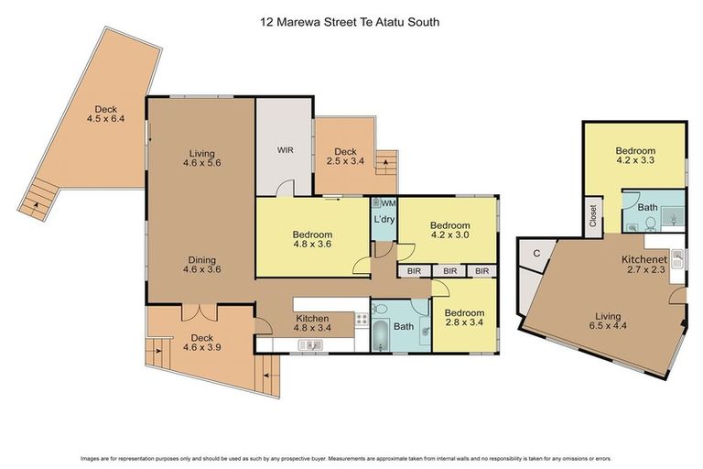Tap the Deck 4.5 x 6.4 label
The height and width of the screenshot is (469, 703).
click(104, 114)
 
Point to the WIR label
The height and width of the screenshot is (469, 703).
click(285, 148)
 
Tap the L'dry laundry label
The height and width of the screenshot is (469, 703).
click(383, 220)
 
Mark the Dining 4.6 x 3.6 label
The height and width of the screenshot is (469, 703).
click(201, 265)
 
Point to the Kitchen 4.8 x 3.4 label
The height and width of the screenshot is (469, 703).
click(312, 322)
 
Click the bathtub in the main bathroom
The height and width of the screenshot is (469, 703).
click(381, 334)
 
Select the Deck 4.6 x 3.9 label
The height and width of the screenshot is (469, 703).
click(201, 343)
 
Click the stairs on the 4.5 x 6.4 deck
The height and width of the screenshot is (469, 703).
click(38, 199)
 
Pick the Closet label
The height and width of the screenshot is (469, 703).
click(593, 215)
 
